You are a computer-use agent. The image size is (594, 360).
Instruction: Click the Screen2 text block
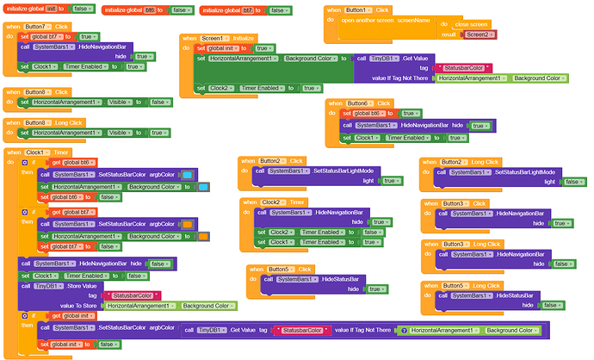[479, 34]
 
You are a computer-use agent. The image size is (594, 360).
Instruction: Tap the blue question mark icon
[403, 330]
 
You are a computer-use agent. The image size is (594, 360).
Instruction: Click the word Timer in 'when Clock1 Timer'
[59, 152]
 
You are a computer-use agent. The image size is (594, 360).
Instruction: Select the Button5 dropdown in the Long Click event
[456, 284]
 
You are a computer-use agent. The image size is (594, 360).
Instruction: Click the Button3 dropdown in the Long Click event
[456, 244]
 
